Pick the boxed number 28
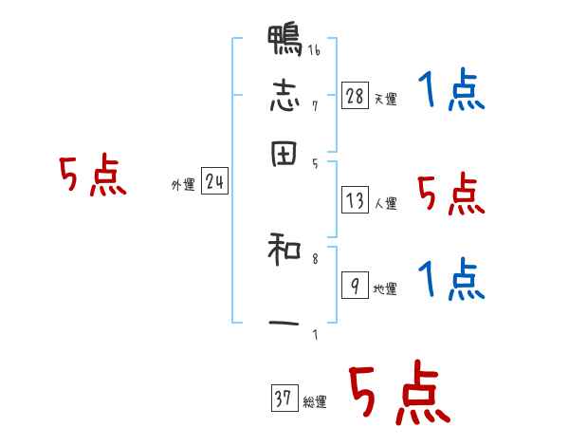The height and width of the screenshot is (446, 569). click(354, 95)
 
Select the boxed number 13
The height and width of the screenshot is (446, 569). click(355, 200)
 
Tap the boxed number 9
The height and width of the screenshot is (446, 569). click(354, 286)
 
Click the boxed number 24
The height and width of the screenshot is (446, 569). click(214, 182)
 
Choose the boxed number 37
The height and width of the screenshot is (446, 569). click(283, 400)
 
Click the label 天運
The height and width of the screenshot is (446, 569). click(385, 99)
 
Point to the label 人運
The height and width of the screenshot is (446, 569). click(385, 203)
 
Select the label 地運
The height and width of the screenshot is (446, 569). click(385, 288)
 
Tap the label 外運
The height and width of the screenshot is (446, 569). click(183, 186)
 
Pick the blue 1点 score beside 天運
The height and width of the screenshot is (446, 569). click(450, 92)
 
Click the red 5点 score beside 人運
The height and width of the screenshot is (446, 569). click(450, 195)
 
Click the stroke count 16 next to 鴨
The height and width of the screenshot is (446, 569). click(314, 51)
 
